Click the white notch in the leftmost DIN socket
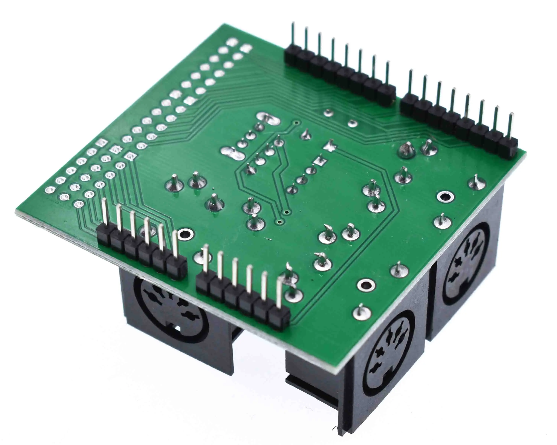[178, 328]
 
